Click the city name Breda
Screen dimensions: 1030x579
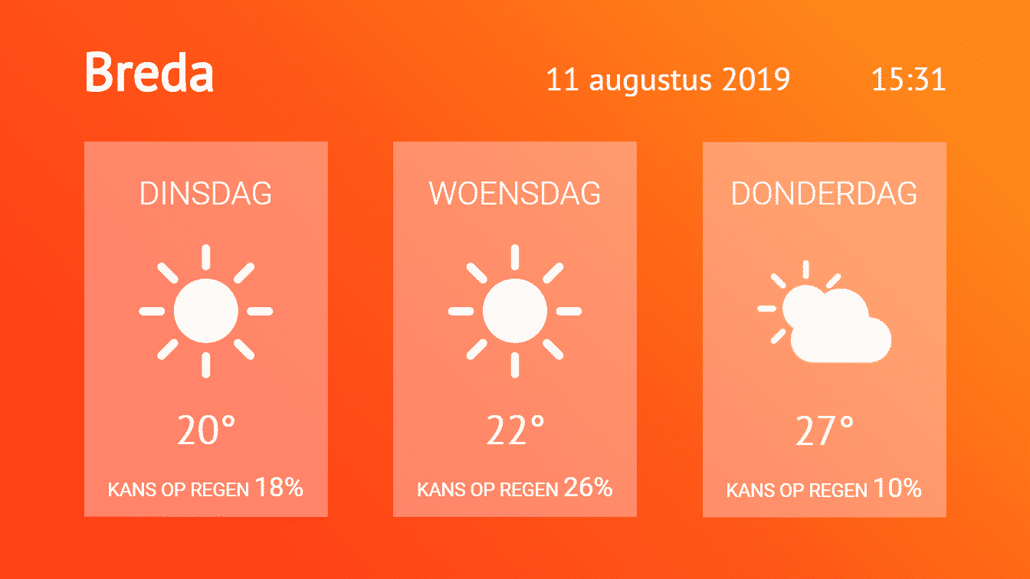coord(149,72)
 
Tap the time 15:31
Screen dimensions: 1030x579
coord(909,80)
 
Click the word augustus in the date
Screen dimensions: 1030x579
coord(650,81)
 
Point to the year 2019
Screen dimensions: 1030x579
coord(756,80)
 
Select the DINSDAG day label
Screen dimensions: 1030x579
coord(205,194)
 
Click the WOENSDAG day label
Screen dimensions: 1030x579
coord(514,194)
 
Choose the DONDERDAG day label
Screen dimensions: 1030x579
coord(824,194)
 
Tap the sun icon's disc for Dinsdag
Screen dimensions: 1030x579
coord(206,311)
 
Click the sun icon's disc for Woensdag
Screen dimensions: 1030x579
coord(515,311)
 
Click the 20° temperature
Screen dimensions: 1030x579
coord(206,430)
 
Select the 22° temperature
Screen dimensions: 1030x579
coord(515,430)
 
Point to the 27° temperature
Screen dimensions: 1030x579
coord(825,430)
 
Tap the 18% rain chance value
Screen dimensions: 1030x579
coord(279,488)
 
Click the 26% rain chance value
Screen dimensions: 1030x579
coord(588,488)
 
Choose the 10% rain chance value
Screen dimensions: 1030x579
coord(897,488)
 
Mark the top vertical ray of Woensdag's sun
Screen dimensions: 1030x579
coord(515,257)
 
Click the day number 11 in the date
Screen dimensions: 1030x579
coord(563,80)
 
